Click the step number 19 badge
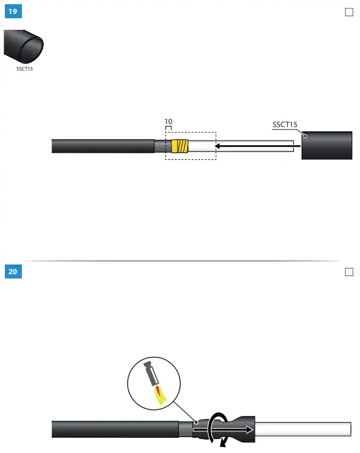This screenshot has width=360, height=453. point(13,12)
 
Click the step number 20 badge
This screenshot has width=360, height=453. point(13,272)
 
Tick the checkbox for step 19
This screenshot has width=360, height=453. point(349,12)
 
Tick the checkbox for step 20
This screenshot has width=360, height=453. point(349,272)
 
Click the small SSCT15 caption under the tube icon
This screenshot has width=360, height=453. point(24,69)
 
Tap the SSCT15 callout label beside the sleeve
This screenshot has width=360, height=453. point(285,125)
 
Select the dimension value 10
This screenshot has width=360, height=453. point(168,122)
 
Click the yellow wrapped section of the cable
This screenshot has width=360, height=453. point(181,146)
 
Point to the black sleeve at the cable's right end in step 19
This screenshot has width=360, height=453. point(327,145)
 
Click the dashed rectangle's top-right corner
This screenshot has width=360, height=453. point(216,133)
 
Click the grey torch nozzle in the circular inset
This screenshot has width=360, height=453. point(149,373)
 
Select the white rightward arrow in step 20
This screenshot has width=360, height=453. point(225,429)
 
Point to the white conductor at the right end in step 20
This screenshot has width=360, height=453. point(304,429)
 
